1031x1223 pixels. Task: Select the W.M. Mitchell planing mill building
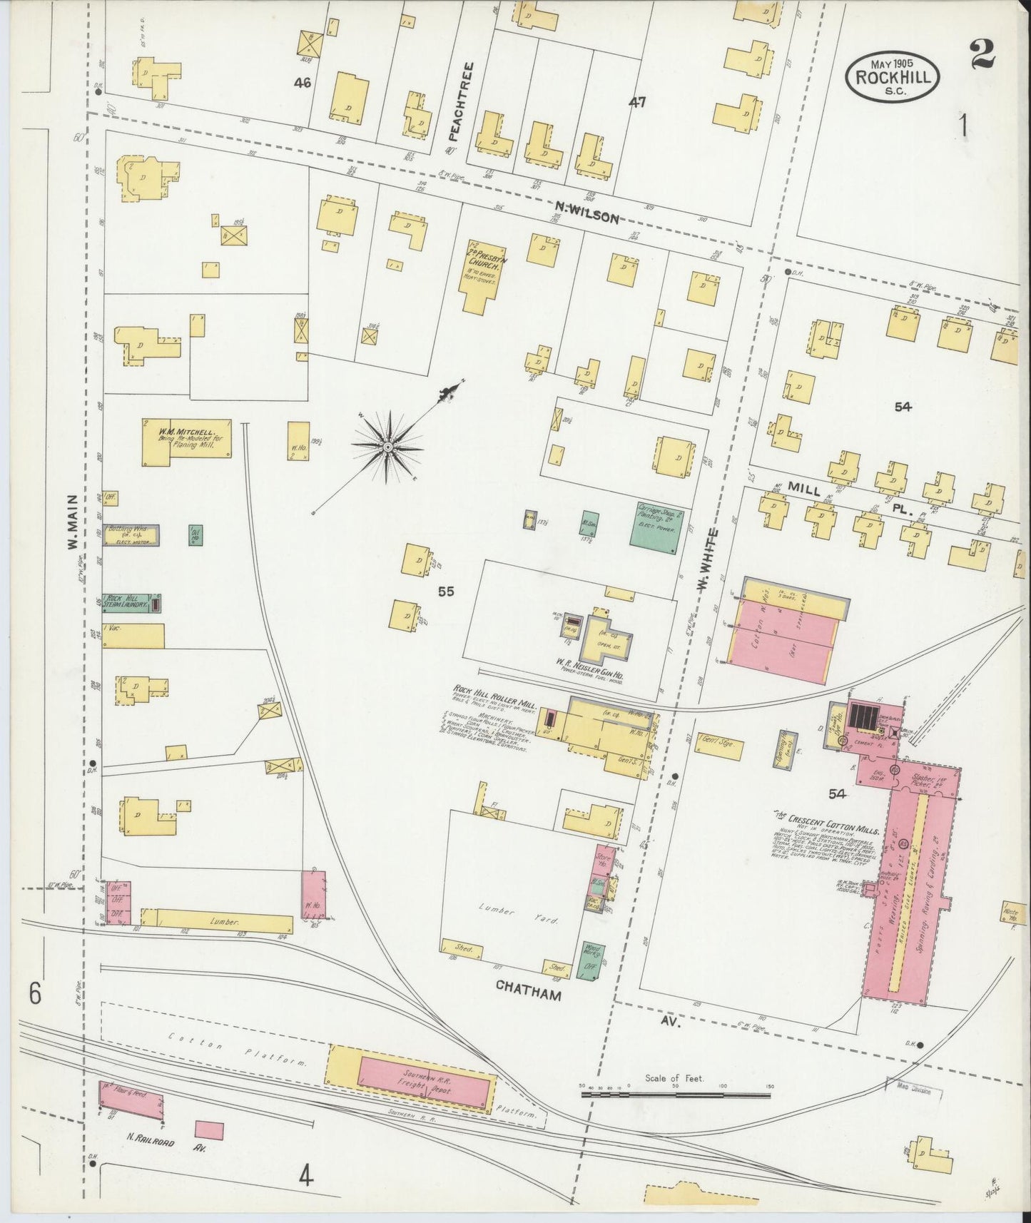(x=188, y=442)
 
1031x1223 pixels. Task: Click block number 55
(x=446, y=591)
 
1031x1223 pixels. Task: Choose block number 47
(x=636, y=102)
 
